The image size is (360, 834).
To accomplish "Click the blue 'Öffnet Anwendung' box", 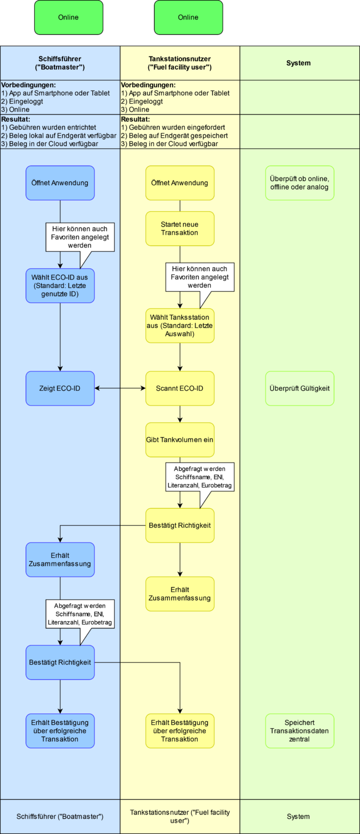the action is click(x=60, y=183).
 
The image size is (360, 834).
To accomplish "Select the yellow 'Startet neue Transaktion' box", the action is click(x=180, y=229).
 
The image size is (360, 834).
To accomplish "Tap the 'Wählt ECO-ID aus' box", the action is click(x=60, y=286).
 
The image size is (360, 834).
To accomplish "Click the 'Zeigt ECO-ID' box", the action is click(x=60, y=388).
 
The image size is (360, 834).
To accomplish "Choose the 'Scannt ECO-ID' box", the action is click(x=180, y=388).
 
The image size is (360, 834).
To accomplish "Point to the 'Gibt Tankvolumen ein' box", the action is click(x=180, y=440).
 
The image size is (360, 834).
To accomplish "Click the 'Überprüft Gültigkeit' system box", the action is click(x=300, y=388).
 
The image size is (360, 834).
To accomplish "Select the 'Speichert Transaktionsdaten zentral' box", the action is click(x=300, y=731).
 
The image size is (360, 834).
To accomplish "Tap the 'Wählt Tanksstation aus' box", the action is click(x=180, y=326).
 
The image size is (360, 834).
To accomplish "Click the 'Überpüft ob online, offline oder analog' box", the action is click(x=300, y=183).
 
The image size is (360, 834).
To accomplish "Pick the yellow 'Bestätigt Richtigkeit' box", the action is click(x=180, y=526).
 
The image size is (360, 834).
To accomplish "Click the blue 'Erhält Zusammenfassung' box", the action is click(x=60, y=560).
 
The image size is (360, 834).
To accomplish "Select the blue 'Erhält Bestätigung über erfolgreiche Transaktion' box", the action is click(x=60, y=731).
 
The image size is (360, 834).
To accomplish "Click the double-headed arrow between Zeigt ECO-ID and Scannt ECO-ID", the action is click(x=120, y=388).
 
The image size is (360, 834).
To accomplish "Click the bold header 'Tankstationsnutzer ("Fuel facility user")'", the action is click(x=180, y=63).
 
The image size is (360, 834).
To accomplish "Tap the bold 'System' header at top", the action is click(x=298, y=63).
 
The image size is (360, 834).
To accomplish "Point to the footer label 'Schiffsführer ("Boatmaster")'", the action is click(x=60, y=817).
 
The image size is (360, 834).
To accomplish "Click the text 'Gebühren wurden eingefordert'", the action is click(x=177, y=128).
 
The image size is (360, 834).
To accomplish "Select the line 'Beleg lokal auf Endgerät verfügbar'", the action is click(x=62, y=136).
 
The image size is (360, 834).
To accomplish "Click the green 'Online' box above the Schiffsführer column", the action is click(x=68, y=17).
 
